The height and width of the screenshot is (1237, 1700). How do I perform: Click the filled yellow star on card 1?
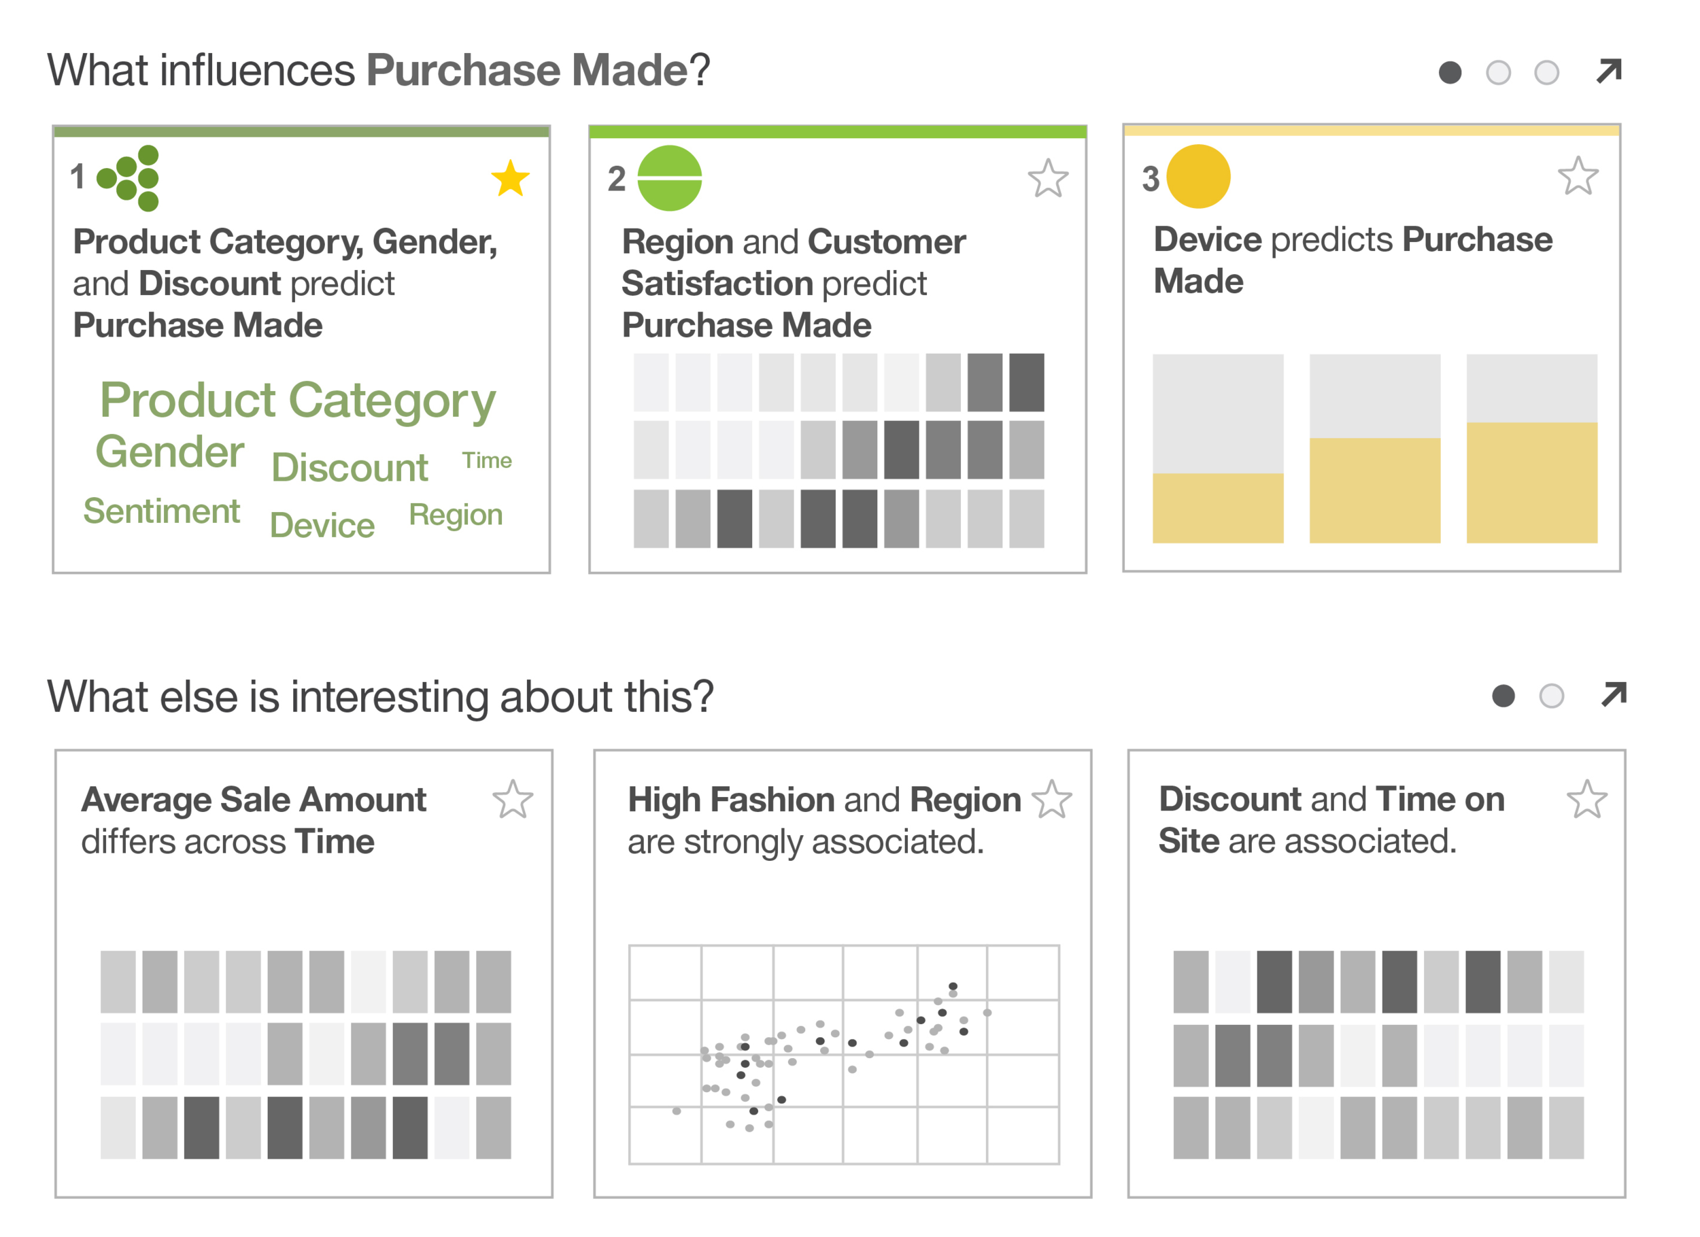point(511,178)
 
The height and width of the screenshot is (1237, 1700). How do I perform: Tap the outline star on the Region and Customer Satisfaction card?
point(1048,178)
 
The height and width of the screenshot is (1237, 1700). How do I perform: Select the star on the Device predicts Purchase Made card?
point(1578,176)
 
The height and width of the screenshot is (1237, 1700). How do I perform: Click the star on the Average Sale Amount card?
point(513,799)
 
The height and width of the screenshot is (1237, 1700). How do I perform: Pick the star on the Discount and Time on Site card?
point(1587,799)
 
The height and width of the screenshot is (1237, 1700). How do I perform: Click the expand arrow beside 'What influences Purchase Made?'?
point(1609,71)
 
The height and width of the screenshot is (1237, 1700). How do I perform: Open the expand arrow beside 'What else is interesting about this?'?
point(1613,695)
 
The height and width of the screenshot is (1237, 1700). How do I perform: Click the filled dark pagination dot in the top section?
point(1450,73)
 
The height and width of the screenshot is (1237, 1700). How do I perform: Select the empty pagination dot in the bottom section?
point(1551,696)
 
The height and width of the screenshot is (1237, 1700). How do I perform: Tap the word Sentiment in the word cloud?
point(161,511)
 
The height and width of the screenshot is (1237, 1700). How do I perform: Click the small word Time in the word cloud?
point(486,460)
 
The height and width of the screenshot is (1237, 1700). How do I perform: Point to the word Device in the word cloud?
point(322,526)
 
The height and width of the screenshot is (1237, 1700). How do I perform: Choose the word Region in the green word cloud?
point(456,515)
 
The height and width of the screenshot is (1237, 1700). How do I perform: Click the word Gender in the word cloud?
point(170,452)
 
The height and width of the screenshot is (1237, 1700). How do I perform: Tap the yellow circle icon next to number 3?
point(1199,177)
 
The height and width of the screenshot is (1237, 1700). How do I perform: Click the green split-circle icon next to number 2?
point(669,178)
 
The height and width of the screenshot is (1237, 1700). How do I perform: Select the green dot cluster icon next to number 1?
point(131,178)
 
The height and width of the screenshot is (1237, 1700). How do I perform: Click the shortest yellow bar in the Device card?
point(1217,507)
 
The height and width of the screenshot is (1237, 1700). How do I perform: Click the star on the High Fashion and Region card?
point(1052,799)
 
